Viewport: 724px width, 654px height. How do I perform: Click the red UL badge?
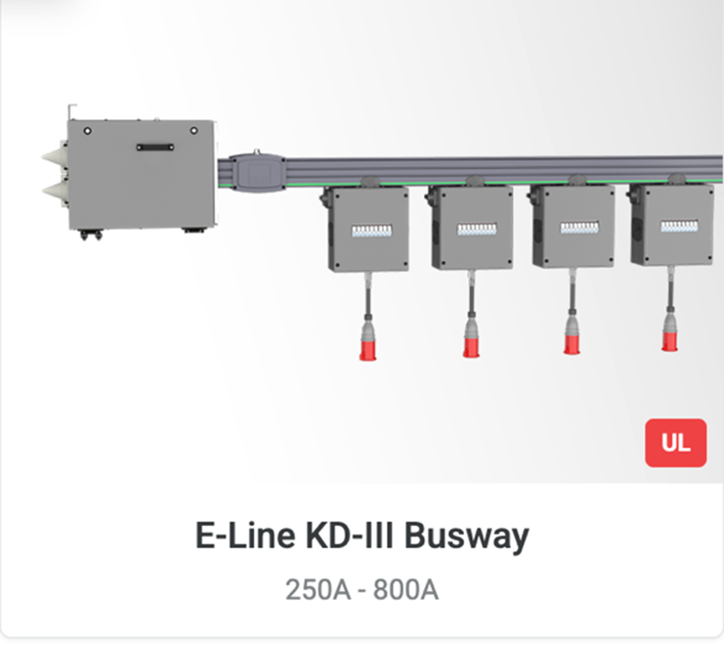tap(675, 443)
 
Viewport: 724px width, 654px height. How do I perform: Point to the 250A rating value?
tap(317, 590)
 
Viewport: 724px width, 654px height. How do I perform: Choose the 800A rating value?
tap(405, 590)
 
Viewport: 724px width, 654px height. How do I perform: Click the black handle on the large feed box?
tap(155, 147)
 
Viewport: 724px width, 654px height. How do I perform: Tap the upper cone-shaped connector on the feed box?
tap(55, 156)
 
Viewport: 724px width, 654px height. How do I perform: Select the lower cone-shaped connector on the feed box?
tap(55, 189)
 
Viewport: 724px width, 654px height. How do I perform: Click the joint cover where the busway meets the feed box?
tap(258, 173)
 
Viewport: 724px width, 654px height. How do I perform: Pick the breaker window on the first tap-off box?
tap(371, 230)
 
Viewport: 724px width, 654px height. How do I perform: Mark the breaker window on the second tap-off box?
tap(476, 229)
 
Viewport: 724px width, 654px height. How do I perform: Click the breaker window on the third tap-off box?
tap(579, 227)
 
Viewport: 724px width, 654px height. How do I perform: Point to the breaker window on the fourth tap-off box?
tap(679, 226)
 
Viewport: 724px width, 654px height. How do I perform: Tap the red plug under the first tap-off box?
tap(368, 349)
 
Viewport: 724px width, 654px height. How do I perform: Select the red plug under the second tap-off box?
tap(471, 347)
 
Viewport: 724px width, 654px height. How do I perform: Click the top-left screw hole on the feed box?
tap(87, 131)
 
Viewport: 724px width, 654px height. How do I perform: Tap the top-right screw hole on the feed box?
tap(194, 131)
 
